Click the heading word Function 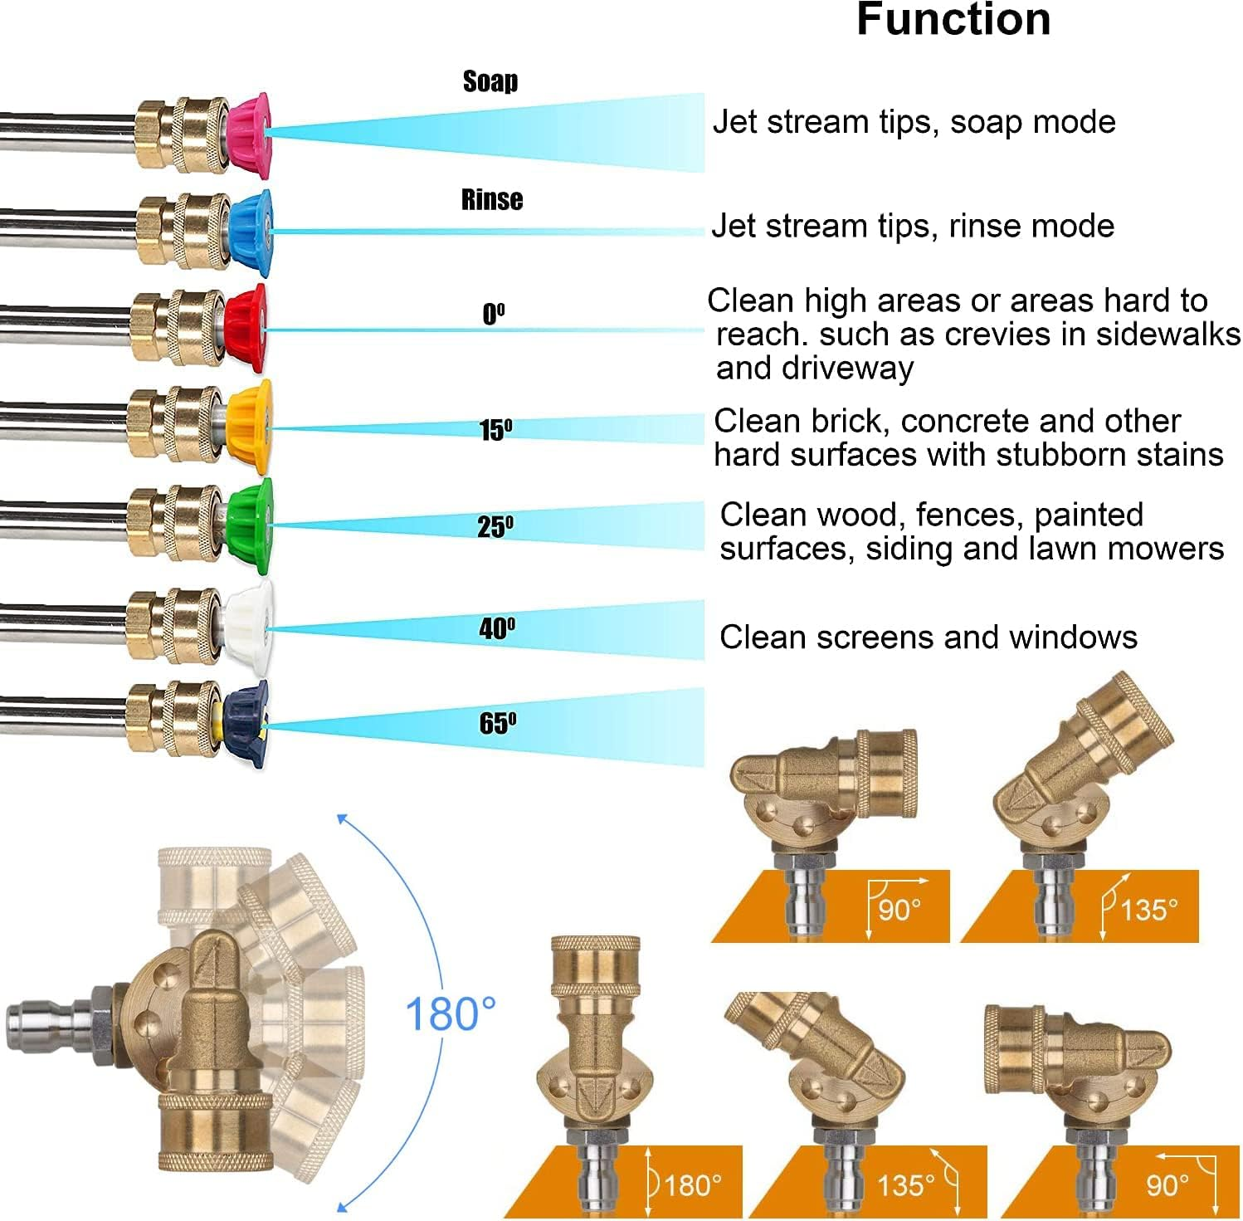pos(953,20)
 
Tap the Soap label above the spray pos(490,81)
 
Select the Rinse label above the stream pos(492,199)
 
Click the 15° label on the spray pos(495,430)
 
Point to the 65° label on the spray pos(497,723)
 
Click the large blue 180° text pos(451,1013)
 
